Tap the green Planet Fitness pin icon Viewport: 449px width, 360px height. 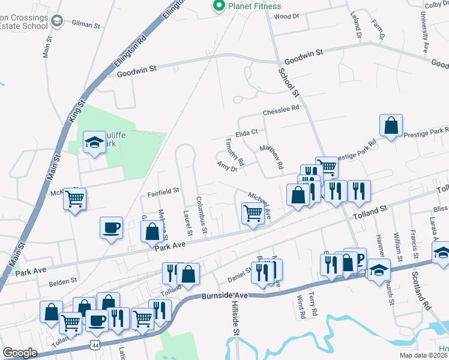click(x=218, y=7)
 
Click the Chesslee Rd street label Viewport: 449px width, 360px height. click(x=280, y=110)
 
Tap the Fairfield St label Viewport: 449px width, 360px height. click(x=163, y=191)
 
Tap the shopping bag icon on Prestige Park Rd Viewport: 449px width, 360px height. click(x=391, y=127)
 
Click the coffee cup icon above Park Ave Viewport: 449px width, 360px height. click(x=111, y=228)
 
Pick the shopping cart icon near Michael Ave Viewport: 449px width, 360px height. click(x=253, y=213)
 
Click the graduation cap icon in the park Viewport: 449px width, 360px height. click(x=94, y=142)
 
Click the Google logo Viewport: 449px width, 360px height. click(x=20, y=353)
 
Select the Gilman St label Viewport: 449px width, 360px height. click(x=86, y=25)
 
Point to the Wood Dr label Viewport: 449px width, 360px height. click(x=286, y=16)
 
